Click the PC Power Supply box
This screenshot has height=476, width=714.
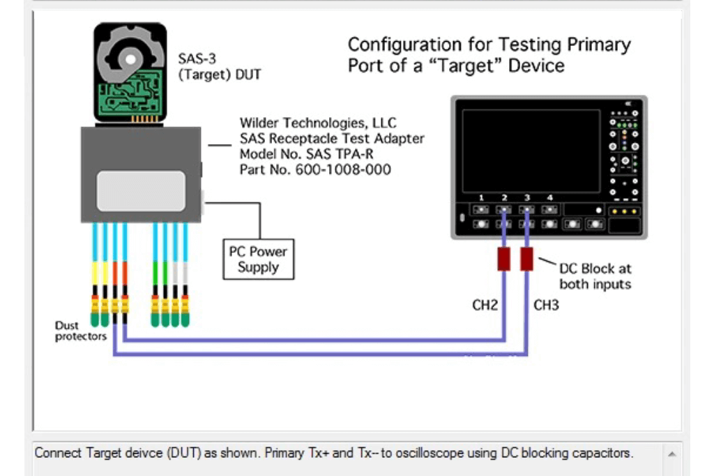tap(258, 259)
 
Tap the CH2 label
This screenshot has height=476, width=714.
tap(485, 305)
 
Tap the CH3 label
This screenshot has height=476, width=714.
tap(546, 305)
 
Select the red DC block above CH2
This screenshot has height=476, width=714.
tap(503, 259)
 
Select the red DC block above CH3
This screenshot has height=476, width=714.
tap(526, 259)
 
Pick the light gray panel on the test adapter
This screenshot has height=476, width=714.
tap(141, 191)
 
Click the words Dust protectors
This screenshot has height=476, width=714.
tap(81, 331)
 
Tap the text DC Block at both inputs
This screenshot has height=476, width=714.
tap(595, 276)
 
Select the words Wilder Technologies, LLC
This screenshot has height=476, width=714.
tap(318, 124)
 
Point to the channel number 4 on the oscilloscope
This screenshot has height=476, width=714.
tap(550, 198)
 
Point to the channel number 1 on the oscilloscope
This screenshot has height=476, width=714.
tap(481, 198)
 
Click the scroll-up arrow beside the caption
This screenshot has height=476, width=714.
tap(672, 454)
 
